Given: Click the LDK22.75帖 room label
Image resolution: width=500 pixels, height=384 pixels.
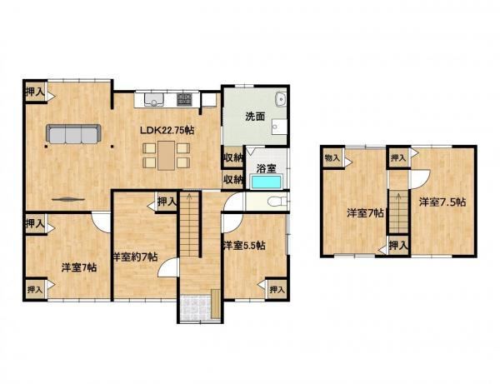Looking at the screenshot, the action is pos(167,130).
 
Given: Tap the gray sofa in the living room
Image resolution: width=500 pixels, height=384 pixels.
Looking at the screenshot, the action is pos(73,133).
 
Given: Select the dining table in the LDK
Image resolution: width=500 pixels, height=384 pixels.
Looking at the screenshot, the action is pos(166,156).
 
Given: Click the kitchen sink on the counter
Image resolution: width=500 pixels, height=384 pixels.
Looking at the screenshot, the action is pos(154,99).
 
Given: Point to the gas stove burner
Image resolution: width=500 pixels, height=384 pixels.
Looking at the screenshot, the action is pos(184,99).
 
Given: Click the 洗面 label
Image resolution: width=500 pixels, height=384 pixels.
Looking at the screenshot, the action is pos(255,117).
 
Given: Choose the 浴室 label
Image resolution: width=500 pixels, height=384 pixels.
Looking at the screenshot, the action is pos(267,168).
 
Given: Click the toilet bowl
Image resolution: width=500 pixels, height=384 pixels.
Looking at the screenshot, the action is pos(275,202).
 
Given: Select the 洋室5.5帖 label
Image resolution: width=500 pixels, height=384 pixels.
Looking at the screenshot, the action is pos(244,246).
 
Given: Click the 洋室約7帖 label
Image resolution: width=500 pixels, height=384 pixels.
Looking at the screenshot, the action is pos(136,257).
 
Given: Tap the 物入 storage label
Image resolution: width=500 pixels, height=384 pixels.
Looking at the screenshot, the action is pos(332,157).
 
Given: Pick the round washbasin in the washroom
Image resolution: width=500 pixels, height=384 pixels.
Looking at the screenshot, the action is pos(282,99).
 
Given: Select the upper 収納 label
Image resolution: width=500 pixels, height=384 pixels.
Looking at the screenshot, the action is pos(233,157).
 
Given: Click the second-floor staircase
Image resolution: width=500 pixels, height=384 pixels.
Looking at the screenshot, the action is pos(398,212).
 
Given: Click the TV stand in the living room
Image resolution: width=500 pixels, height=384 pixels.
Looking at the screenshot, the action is pos(68,199).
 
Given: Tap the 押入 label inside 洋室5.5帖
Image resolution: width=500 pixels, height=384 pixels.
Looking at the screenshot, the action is pos(277,290).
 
